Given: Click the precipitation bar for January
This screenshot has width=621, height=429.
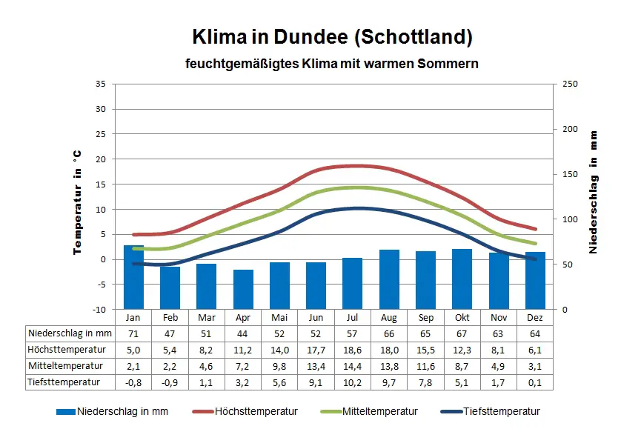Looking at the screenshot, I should [133, 276].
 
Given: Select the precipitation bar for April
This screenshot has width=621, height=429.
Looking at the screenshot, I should [243, 289].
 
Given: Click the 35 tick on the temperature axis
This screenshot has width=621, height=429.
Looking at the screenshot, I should [101, 84].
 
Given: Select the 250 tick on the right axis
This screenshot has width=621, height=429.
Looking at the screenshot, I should [570, 84].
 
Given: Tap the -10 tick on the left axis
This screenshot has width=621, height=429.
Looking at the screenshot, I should [99, 309].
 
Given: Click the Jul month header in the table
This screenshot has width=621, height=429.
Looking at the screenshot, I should [353, 317].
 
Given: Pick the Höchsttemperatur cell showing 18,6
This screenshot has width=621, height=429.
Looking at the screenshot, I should [353, 350].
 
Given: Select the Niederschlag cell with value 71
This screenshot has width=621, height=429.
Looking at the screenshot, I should [133, 333].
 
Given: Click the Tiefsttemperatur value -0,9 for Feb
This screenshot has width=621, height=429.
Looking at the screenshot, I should [170, 382].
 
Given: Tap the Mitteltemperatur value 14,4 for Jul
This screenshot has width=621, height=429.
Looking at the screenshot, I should [353, 366].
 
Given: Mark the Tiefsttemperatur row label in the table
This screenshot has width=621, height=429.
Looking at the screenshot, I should [65, 382].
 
